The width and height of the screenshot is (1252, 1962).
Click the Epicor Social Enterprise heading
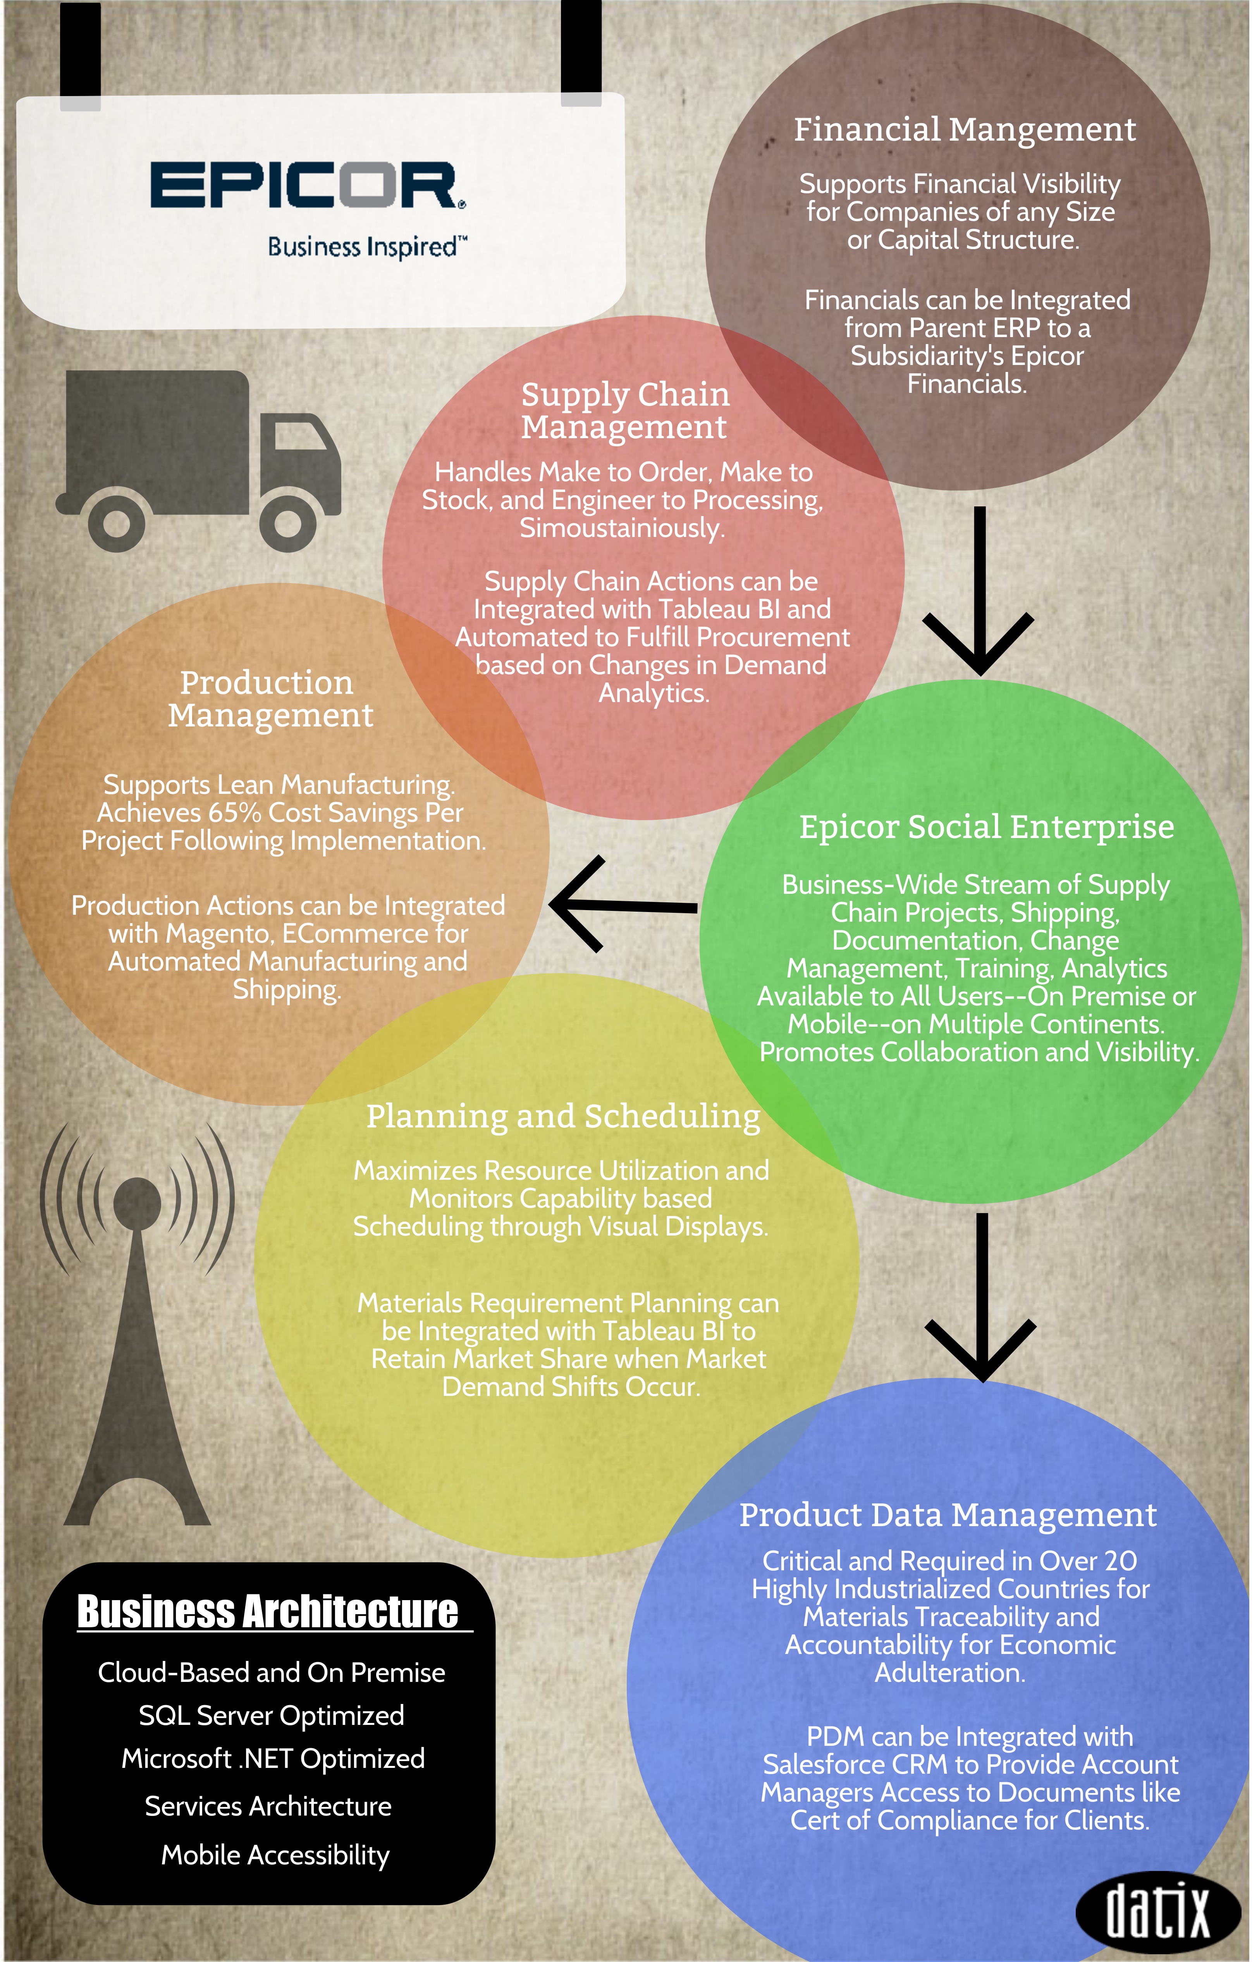coord(986,827)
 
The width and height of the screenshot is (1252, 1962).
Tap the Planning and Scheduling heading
coord(563,1116)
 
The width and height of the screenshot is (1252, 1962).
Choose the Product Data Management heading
coord(948,1516)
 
